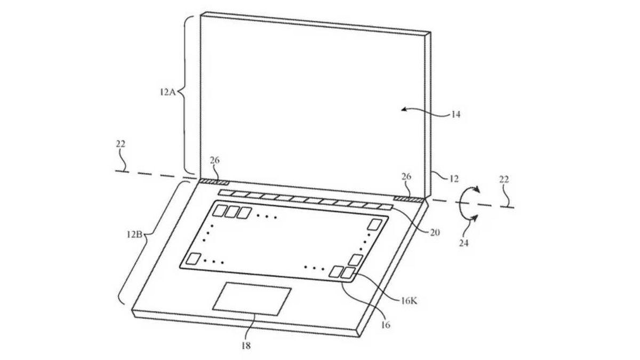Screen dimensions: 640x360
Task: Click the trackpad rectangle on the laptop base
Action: (x=252, y=298)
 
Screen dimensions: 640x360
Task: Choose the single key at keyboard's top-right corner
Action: (x=377, y=224)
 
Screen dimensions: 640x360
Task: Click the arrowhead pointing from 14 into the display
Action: (x=405, y=109)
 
